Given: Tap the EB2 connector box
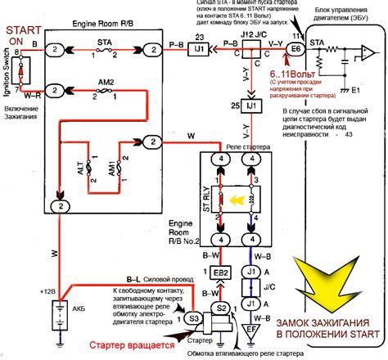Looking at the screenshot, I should pyautogui.click(x=220, y=272).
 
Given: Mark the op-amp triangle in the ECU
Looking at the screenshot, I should pyautogui.click(x=367, y=55).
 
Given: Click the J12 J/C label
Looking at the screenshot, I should pyautogui.click(x=255, y=34).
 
